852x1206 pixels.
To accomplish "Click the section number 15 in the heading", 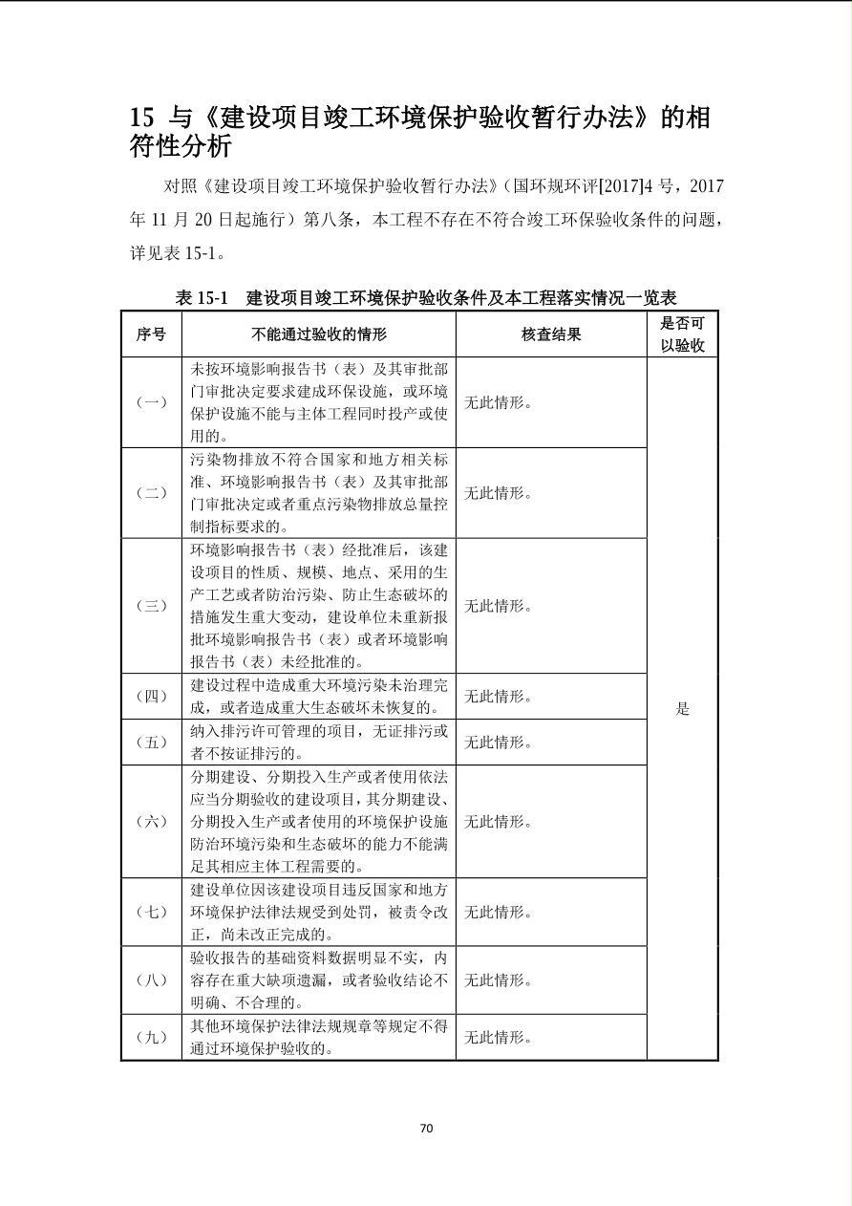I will pyautogui.click(x=141, y=118).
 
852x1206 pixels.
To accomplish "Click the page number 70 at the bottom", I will pyautogui.click(x=426, y=1128).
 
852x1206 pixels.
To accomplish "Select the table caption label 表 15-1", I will pyautogui.click(x=202, y=297).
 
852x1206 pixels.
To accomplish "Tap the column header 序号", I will pyautogui.click(x=151, y=334).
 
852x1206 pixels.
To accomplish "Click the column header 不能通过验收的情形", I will pyautogui.click(x=319, y=334).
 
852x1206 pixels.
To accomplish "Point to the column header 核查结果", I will pyautogui.click(x=551, y=334).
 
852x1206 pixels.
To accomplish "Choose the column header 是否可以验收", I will pyautogui.click(x=682, y=334).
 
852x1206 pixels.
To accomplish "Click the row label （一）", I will pyautogui.click(x=151, y=402).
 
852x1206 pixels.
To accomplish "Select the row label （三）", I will pyautogui.click(x=151, y=606).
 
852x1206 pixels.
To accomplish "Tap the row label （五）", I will pyautogui.click(x=151, y=743).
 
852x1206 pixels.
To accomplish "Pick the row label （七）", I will pyautogui.click(x=151, y=912).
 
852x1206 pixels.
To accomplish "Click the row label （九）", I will pyautogui.click(x=151, y=1037).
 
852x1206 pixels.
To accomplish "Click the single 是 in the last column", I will pyautogui.click(x=682, y=708).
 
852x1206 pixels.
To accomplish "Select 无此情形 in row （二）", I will pyautogui.click(x=498, y=493).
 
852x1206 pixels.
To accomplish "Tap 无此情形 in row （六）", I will pyautogui.click(x=498, y=821).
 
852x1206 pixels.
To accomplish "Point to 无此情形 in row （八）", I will pyautogui.click(x=498, y=980).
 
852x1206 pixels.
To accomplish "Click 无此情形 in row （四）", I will pyautogui.click(x=498, y=697).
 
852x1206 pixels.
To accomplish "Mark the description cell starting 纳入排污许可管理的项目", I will pyautogui.click(x=319, y=743).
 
